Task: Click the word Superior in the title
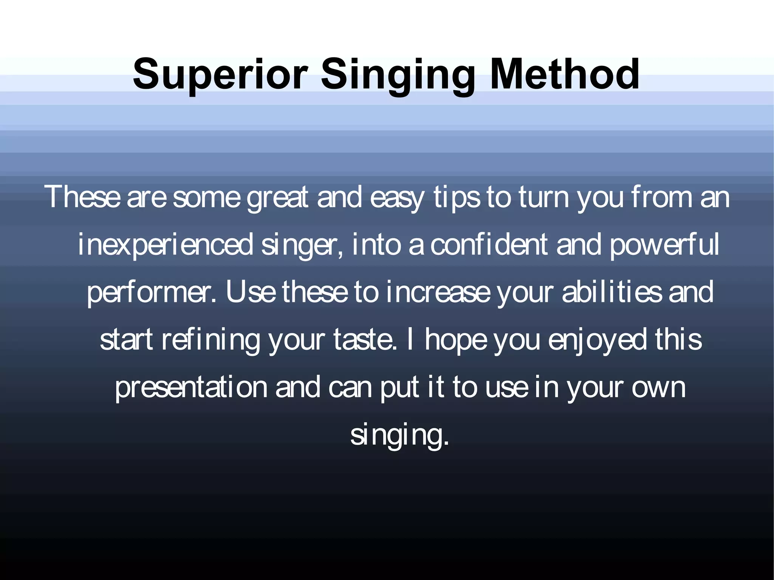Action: pos(220,74)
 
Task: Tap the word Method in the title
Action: pos(564,74)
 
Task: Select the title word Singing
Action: pos(398,76)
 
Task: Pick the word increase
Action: pos(438,292)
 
